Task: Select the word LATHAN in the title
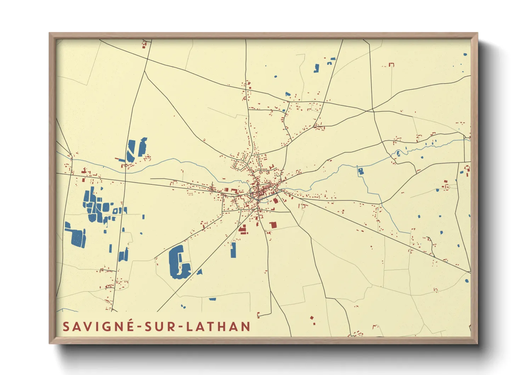click(x=218, y=326)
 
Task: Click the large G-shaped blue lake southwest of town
click(x=179, y=262)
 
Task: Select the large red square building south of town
click(x=273, y=225)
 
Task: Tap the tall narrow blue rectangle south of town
click(x=233, y=250)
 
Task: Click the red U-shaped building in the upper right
click(x=391, y=65)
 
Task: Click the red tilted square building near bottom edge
click(x=312, y=318)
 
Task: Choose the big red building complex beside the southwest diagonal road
click(x=243, y=230)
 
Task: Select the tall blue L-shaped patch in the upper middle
click(x=317, y=68)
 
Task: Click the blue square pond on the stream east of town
click(x=361, y=172)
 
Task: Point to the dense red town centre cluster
click(x=261, y=190)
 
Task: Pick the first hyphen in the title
click(x=139, y=327)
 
